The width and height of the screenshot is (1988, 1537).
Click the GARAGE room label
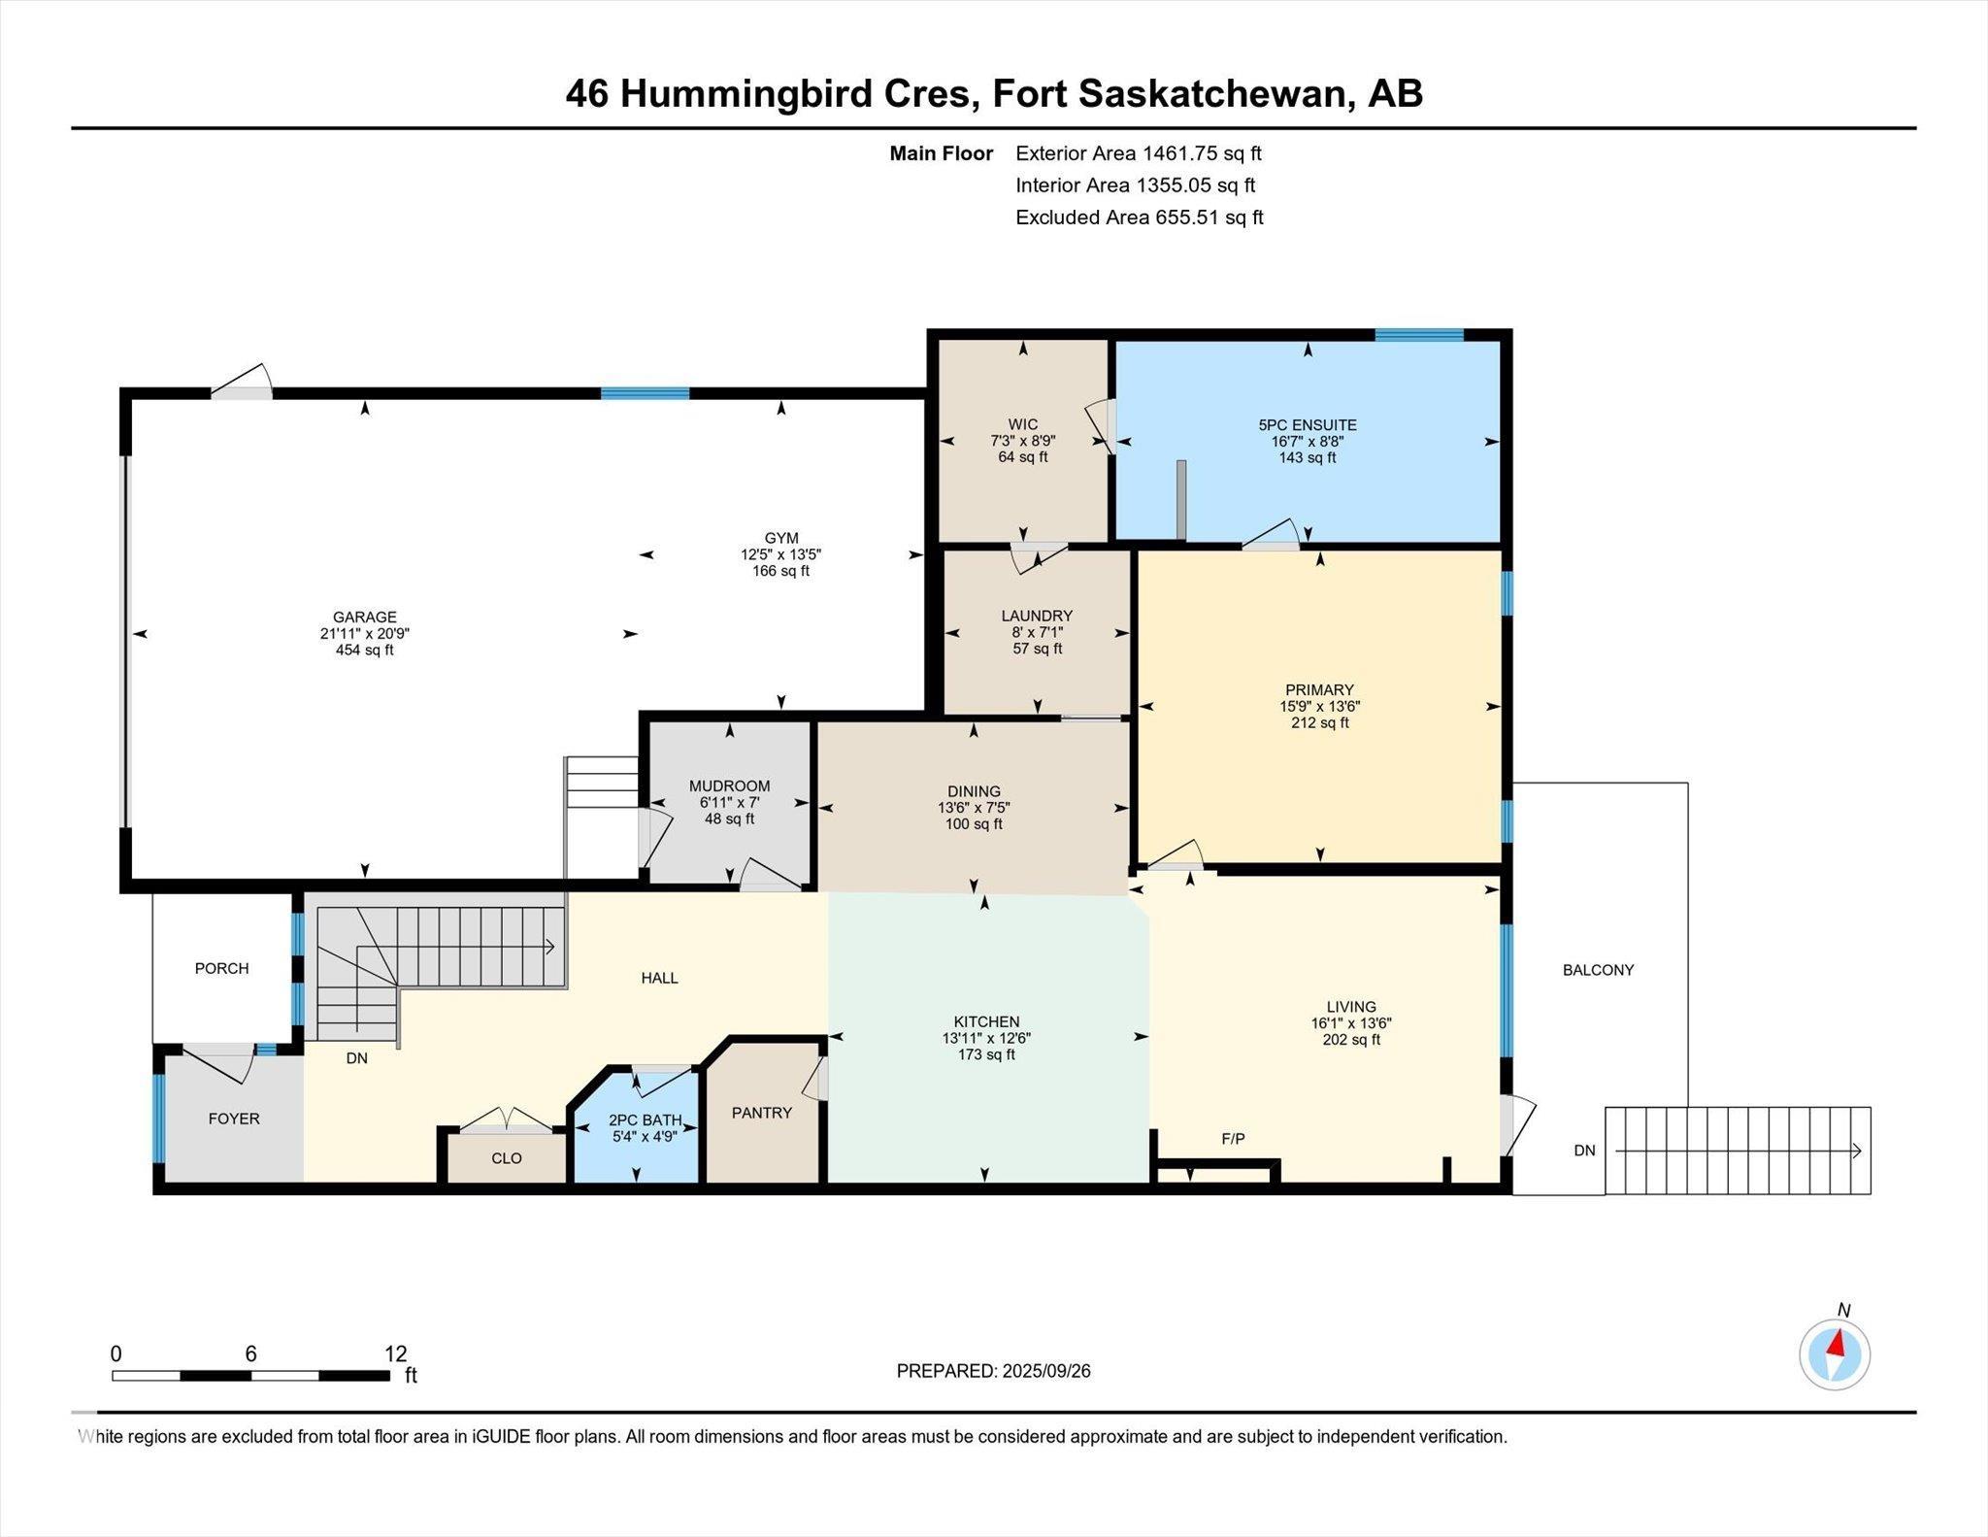pyautogui.click(x=365, y=617)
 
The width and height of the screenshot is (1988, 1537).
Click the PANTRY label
pyautogui.click(x=762, y=1113)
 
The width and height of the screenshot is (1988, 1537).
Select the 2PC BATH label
pyautogui.click(x=646, y=1120)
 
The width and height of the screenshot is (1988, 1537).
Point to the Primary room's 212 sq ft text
pyautogui.click(x=1320, y=722)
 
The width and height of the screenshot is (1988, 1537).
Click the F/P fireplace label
pyautogui.click(x=1233, y=1139)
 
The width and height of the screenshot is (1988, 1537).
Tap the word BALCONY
pyautogui.click(x=1598, y=970)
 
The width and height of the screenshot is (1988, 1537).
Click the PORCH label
pyautogui.click(x=222, y=968)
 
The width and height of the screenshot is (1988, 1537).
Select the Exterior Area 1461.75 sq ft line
pyautogui.click(x=1139, y=153)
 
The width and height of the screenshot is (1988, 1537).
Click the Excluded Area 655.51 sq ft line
pyautogui.click(x=1140, y=217)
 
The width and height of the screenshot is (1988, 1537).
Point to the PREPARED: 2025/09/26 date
pyautogui.click(x=994, y=1371)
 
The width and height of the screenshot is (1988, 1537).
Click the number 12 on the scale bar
pyautogui.click(x=396, y=1353)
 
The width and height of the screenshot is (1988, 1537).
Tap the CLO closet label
pyautogui.click(x=507, y=1158)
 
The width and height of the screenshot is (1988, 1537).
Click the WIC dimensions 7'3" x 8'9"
pyautogui.click(x=1023, y=441)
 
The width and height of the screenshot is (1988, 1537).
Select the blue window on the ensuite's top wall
pyautogui.click(x=1419, y=335)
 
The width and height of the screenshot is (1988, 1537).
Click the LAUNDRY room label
pyautogui.click(x=1037, y=616)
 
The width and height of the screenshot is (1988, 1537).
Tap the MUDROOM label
pyautogui.click(x=730, y=786)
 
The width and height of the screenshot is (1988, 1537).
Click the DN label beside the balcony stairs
pyautogui.click(x=1584, y=1151)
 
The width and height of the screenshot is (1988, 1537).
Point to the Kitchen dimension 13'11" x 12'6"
pyautogui.click(x=986, y=1038)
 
